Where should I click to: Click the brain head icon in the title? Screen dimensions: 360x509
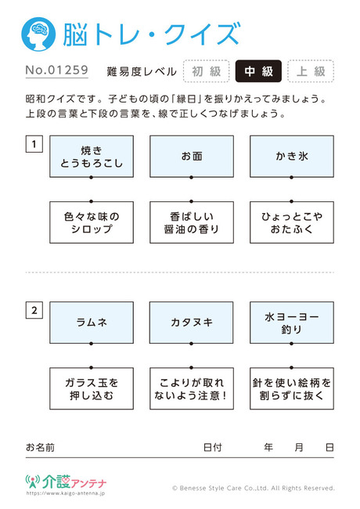point(38,34)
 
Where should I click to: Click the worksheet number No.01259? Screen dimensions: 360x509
point(57,70)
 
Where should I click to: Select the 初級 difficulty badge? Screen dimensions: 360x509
point(207,71)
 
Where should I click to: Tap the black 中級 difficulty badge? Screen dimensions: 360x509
point(258,71)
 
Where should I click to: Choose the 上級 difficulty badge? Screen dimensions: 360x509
point(311,71)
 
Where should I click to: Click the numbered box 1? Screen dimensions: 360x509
point(34,144)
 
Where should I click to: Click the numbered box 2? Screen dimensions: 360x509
point(34,310)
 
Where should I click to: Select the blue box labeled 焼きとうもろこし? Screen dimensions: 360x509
point(92,157)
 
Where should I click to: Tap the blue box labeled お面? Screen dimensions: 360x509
point(192,157)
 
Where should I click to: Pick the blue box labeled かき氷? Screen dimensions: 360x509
point(292,157)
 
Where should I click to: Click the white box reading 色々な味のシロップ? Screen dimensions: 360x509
point(92,222)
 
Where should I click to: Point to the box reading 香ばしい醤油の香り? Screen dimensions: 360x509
point(192,222)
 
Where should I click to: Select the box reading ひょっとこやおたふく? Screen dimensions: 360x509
point(292,222)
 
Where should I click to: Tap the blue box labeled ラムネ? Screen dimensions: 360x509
point(92,323)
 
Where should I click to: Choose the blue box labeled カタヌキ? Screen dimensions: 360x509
point(192,323)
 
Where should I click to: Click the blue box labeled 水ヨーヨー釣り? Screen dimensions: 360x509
point(292,323)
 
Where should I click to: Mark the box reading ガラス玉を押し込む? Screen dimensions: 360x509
point(92,388)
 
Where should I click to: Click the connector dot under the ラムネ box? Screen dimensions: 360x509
point(91,344)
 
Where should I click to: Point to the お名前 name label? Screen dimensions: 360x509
point(40,447)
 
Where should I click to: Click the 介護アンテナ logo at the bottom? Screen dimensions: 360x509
point(66,485)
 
